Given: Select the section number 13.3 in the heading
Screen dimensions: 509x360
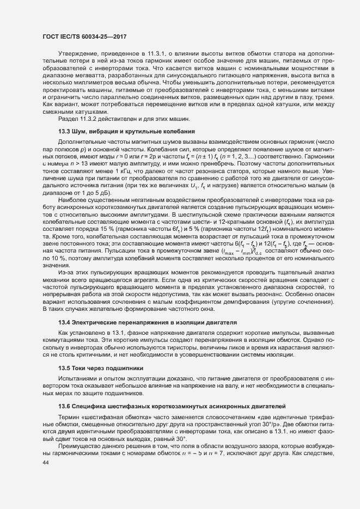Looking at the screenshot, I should [64, 148].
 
